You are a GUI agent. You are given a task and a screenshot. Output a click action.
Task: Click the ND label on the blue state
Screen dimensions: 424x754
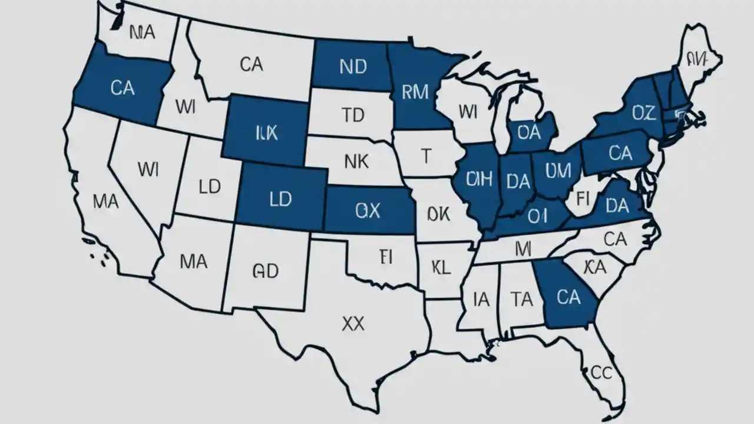[353, 66]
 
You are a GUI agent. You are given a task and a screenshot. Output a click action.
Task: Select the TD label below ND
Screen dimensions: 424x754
[353, 115]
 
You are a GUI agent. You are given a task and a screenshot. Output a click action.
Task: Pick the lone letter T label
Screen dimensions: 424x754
[426, 155]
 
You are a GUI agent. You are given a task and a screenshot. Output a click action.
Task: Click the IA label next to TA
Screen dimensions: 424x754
[481, 300]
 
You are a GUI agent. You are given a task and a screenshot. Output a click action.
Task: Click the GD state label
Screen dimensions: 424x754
[265, 270]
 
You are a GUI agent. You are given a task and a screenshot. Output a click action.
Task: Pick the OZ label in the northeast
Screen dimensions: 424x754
[643, 112]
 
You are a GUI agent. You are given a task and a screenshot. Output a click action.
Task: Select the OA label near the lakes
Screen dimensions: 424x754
[528, 133]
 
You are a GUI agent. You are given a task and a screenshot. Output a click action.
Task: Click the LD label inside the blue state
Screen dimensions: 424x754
[280, 199]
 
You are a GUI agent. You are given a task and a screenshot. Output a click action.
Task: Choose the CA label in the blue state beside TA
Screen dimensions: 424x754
[568, 297]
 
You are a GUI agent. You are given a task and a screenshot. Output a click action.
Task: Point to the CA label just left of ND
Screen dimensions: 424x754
[252, 64]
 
